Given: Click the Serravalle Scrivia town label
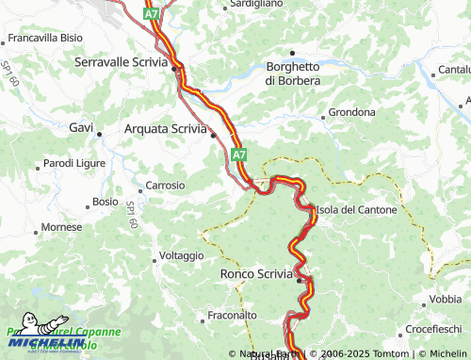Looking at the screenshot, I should [120, 61].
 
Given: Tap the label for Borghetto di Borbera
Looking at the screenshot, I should [292, 74].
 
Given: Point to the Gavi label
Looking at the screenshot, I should [80, 126].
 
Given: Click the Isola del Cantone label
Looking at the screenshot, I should [357, 209].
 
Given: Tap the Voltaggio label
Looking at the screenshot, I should [182, 255].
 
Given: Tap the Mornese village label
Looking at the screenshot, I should [63, 228].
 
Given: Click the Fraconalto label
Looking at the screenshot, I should [232, 315].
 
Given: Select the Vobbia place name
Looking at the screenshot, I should [446, 299].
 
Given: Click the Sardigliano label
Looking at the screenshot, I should [257, 4].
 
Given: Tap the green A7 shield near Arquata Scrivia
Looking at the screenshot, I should [238, 154].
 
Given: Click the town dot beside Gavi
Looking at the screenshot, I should [100, 135].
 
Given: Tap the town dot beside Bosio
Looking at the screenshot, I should [88, 202].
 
